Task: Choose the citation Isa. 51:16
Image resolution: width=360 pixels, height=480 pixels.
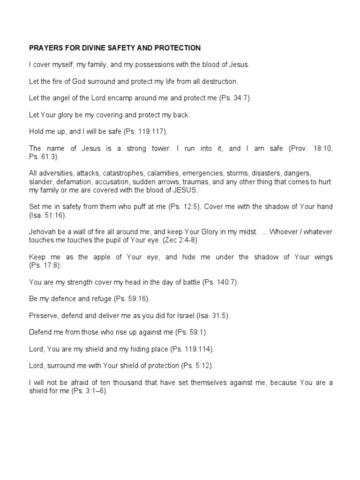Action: (x=50, y=215)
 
